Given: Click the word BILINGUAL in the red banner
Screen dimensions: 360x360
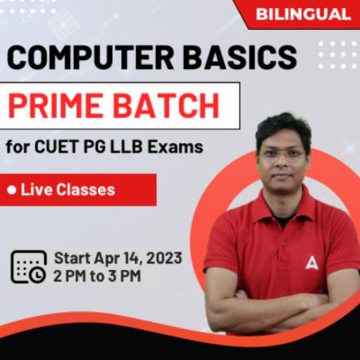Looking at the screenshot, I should coord(303,14).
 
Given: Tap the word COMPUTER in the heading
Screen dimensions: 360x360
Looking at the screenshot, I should coord(88,57).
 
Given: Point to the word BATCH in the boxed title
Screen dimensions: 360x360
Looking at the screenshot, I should coord(168,105).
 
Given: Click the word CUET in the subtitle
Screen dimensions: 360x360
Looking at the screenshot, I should coord(55,147).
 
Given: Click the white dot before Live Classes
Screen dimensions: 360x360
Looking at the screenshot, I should coord(12,190).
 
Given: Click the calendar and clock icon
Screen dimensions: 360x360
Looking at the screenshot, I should coord(28,266).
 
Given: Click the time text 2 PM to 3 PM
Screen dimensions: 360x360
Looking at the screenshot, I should coord(96,276).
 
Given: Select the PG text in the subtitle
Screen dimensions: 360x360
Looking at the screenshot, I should coord(100,147).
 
